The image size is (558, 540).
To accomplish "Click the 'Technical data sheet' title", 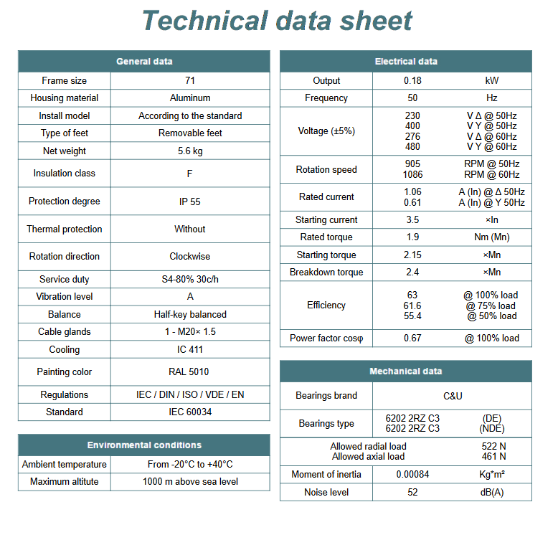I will click(x=278, y=20).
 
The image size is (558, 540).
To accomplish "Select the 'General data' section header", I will click(x=144, y=62).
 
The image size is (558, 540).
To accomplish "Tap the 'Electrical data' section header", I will click(x=406, y=62).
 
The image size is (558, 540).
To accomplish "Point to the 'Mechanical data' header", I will click(x=406, y=371).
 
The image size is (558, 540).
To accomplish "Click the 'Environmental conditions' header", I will click(x=144, y=445).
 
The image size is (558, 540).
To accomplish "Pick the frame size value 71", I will click(x=190, y=81).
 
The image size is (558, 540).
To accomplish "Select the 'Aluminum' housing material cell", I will click(x=190, y=98).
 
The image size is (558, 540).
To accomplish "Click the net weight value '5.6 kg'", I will click(x=190, y=151).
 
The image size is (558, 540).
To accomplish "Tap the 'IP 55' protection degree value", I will click(x=190, y=202).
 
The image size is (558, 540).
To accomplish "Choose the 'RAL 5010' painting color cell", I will click(x=190, y=372).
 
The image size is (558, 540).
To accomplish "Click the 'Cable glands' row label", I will click(x=65, y=332).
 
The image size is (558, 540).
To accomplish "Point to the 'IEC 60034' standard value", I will click(x=190, y=412).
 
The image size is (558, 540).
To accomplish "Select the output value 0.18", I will click(x=412, y=81).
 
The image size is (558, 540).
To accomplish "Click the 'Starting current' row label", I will click(x=326, y=220).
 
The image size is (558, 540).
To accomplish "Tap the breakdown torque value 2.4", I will click(x=412, y=273).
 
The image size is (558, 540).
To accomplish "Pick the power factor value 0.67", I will click(x=412, y=338).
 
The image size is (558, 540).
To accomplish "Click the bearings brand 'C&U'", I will click(x=453, y=396).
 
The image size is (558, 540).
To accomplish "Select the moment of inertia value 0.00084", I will click(x=412, y=475).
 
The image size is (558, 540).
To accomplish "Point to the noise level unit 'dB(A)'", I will click(x=491, y=493).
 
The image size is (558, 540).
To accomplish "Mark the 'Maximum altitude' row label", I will click(x=65, y=482).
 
